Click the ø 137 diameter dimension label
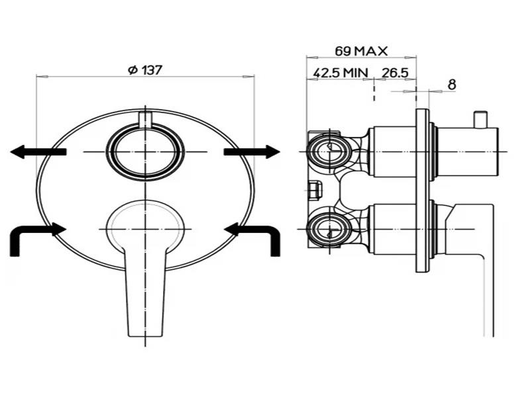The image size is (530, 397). (x=145, y=69)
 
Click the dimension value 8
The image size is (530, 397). (x=452, y=84)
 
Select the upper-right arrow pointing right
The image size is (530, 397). (x=252, y=152)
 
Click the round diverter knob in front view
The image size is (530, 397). (x=145, y=152)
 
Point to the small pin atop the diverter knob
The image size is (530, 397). (x=145, y=118)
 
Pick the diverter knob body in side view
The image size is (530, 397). (x=467, y=152)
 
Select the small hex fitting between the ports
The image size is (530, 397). (x=315, y=190)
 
